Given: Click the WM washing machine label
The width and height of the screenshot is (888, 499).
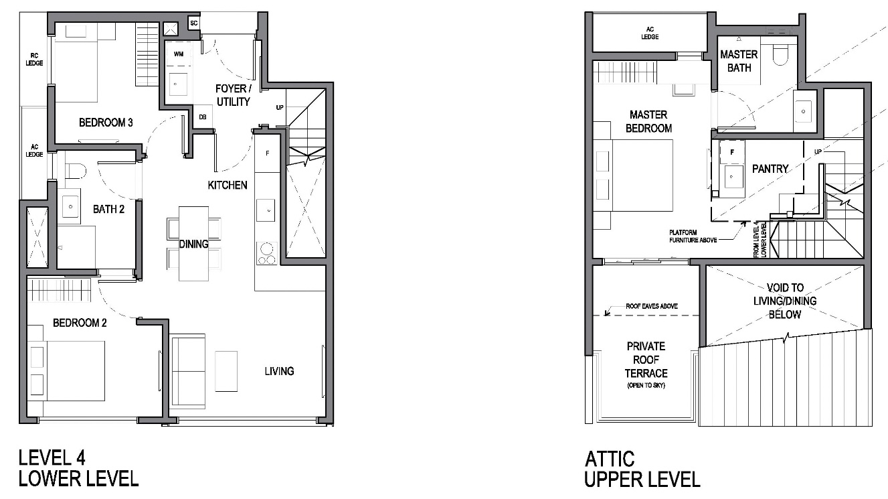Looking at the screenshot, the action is click(x=179, y=54).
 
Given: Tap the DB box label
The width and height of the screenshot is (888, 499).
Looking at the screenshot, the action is click(x=203, y=117).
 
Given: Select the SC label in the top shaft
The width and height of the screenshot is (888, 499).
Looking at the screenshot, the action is click(x=194, y=23).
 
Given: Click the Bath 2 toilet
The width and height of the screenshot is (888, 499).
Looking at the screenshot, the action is click(x=76, y=171).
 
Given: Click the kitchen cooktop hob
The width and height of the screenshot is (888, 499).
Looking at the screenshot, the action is click(x=266, y=253).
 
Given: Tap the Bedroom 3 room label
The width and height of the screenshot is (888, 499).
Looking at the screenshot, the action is click(x=106, y=123).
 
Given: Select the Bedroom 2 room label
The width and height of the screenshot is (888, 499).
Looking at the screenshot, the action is click(x=80, y=323).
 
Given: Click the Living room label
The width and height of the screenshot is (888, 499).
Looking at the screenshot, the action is click(x=280, y=371).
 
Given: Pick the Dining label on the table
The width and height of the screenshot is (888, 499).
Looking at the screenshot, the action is click(x=194, y=244).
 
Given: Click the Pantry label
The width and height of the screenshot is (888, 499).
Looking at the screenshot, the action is click(x=770, y=169).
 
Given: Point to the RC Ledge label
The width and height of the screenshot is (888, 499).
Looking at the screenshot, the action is click(x=34, y=60).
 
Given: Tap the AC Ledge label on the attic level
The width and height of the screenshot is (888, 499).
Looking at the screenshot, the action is click(x=650, y=33).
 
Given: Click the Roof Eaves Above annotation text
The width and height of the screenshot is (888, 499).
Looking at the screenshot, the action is click(x=652, y=306).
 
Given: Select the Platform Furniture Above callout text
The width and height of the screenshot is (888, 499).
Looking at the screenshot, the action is click(x=693, y=236).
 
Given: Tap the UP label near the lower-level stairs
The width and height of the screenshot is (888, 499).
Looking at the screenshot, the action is click(x=280, y=107).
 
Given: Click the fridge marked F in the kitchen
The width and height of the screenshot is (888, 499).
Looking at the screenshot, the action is click(x=267, y=153).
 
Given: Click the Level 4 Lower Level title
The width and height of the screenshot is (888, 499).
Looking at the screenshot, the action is click(x=78, y=468).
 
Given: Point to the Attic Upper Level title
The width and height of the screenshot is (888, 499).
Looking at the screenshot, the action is click(x=642, y=470).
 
